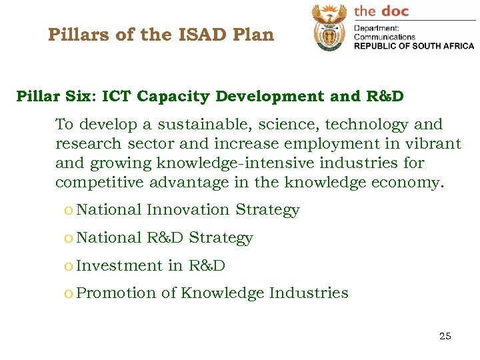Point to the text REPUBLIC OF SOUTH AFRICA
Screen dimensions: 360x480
coord(413,46)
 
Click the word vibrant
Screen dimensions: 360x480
coord(434,144)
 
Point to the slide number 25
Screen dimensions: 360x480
coord(445,336)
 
